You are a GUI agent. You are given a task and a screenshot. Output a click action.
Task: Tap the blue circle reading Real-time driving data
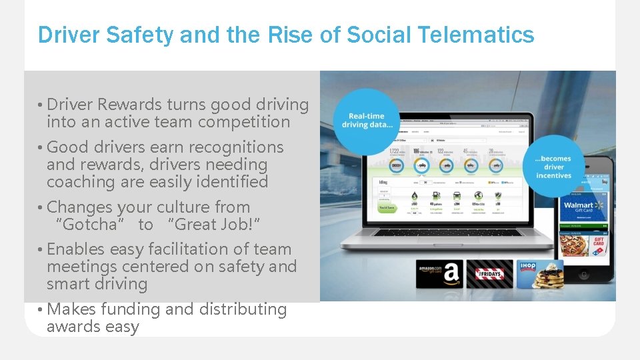pyautogui.click(x=366, y=121)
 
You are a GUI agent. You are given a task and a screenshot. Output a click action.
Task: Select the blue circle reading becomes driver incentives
pyautogui.click(x=553, y=167)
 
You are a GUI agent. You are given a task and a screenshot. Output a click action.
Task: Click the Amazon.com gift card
pyautogui.click(x=439, y=273)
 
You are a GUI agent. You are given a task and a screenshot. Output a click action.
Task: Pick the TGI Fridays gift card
pyautogui.click(x=489, y=273)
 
